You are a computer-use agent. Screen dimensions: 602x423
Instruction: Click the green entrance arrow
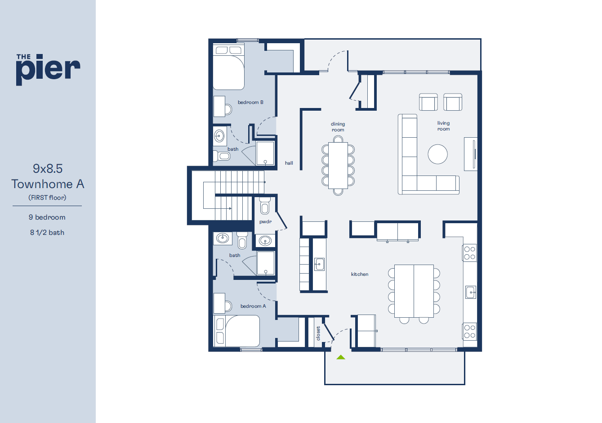[340, 357]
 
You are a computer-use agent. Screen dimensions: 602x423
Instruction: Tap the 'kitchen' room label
[360, 274]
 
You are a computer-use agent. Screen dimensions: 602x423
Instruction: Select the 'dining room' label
[338, 126]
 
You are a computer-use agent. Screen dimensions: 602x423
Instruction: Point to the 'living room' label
[443, 126]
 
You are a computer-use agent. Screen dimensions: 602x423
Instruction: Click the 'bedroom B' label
[250, 102]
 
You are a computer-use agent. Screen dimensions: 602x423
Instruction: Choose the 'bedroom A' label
[253, 306]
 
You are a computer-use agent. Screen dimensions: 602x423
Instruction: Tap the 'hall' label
[289, 163]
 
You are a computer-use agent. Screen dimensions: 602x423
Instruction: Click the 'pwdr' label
[265, 221]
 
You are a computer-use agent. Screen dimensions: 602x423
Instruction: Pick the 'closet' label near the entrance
[318, 333]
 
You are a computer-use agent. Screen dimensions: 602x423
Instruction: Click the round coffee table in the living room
[437, 154]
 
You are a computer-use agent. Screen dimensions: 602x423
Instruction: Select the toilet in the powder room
[265, 206]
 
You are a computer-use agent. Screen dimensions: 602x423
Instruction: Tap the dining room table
[338, 166]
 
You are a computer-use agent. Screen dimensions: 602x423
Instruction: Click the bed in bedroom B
[229, 67]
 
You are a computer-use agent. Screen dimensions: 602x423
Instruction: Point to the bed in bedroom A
[236, 331]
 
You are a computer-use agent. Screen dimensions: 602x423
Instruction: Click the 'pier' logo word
[48, 70]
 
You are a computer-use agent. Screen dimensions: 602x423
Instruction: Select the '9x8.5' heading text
[48, 169]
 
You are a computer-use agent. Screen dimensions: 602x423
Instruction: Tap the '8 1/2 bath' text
[47, 233]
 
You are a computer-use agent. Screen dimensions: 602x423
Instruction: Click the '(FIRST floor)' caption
[47, 198]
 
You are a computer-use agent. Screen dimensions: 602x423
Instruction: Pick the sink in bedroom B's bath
[219, 136]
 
